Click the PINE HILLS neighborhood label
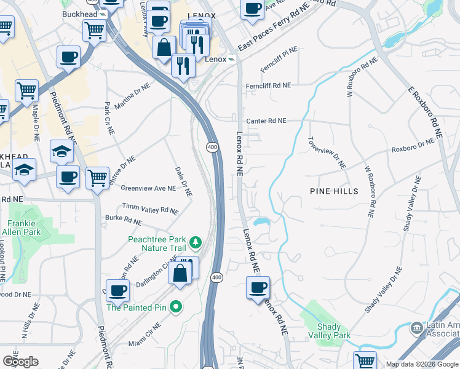coord(334,192)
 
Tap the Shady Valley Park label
coord(333,331)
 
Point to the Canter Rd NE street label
coord(266,121)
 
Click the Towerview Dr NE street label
coord(327,153)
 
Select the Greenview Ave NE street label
coord(148,188)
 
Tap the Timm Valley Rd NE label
coord(151,209)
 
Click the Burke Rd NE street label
coord(124,220)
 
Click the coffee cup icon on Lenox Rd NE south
coord(258,287)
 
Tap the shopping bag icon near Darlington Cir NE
coord(180,272)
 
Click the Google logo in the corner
coord(20,362)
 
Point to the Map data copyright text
coord(421,364)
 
